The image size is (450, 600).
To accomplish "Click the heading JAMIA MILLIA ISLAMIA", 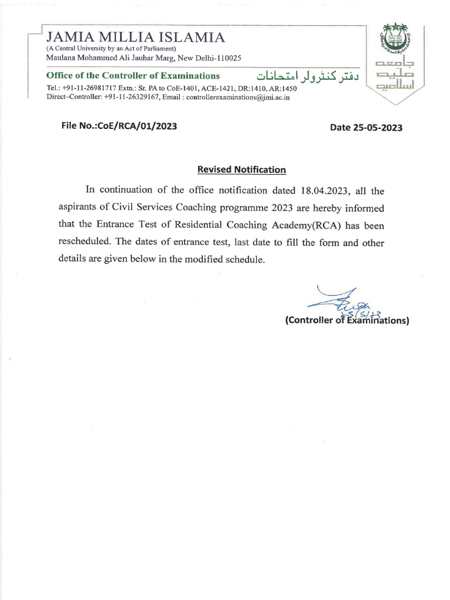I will (x=136, y=37).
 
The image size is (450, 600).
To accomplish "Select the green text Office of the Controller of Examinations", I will (x=133, y=76).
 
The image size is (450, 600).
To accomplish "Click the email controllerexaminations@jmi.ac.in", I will (x=238, y=97).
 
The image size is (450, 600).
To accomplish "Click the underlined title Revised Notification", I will (x=241, y=170).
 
